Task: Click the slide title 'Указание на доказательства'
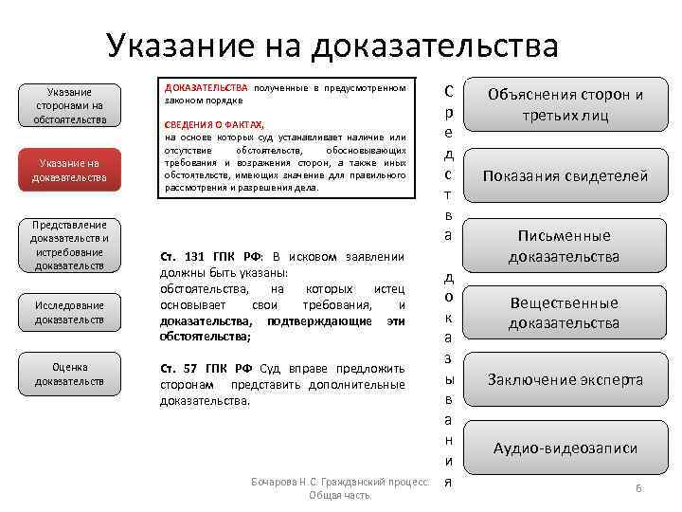coord(332,45)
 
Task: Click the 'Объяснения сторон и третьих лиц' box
coord(565,105)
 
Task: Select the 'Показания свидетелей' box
coord(565,175)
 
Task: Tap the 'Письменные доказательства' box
coord(565,246)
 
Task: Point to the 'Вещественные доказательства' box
coord(565,313)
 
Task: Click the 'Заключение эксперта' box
coord(565,379)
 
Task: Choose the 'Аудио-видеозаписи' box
coord(565,448)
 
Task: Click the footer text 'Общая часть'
coord(339,496)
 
